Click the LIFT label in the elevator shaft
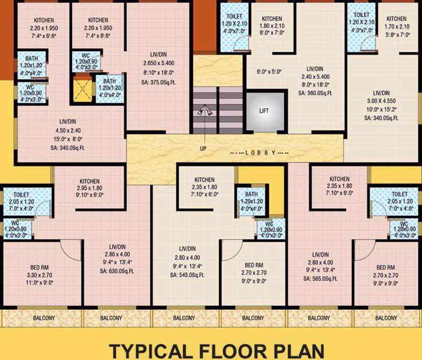click(264, 112)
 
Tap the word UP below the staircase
click(203, 149)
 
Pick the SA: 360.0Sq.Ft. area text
click(315, 93)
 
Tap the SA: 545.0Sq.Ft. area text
click(187, 275)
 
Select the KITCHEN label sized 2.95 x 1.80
click(90, 181)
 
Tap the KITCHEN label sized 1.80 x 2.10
click(271, 19)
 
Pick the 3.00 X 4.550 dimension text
click(381, 102)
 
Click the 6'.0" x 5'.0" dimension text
click(269, 72)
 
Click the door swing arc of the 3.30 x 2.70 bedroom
click(71, 251)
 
